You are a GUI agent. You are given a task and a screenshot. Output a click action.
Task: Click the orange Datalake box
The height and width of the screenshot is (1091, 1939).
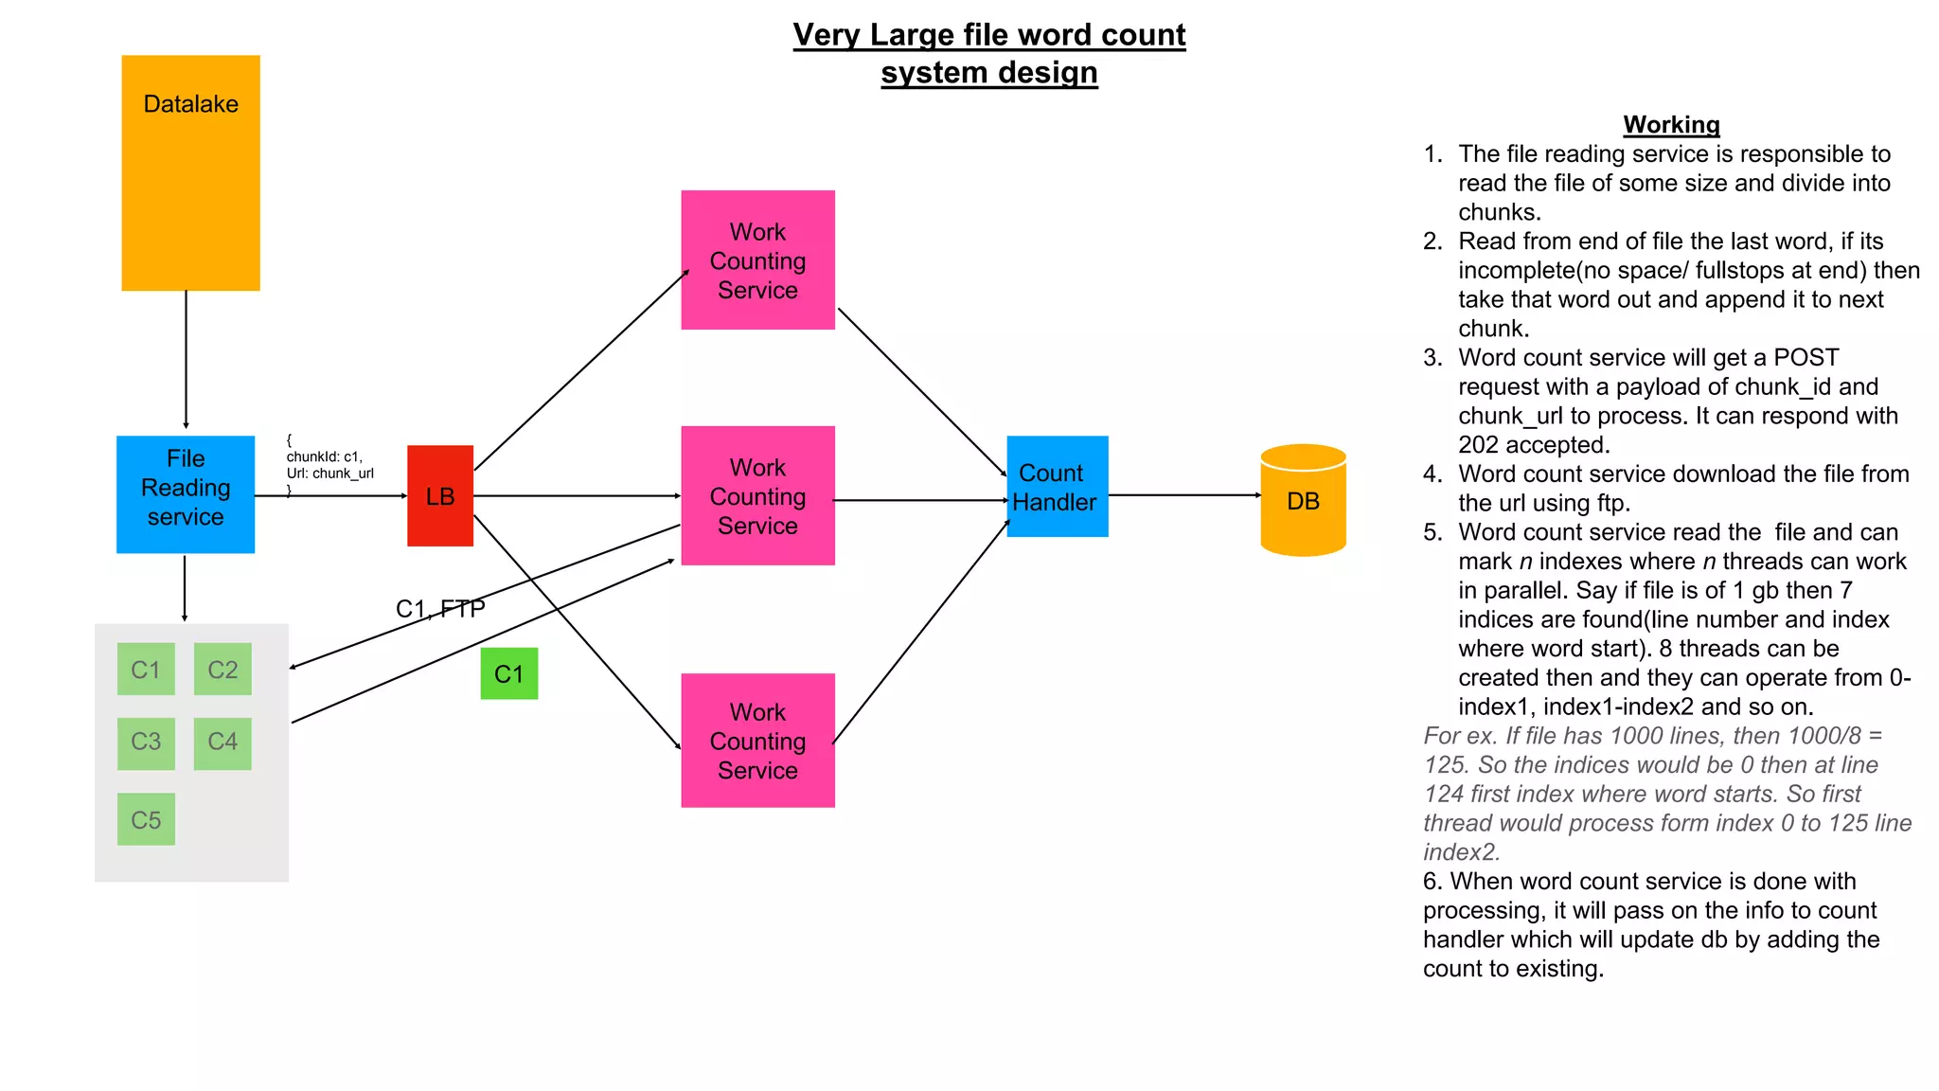[x=190, y=172]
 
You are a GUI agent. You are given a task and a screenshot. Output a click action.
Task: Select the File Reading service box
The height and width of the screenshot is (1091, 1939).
[x=186, y=493]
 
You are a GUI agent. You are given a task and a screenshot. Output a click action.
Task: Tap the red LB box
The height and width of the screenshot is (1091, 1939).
[x=440, y=495]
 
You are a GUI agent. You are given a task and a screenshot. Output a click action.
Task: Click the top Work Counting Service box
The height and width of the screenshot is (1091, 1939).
[x=757, y=260]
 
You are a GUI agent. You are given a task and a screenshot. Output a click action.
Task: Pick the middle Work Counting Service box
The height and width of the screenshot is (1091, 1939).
[x=757, y=495]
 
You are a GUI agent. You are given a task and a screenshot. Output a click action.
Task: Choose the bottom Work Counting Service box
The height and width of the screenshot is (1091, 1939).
[x=757, y=741]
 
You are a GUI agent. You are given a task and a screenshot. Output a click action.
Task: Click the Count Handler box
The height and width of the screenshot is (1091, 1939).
[x=1057, y=487]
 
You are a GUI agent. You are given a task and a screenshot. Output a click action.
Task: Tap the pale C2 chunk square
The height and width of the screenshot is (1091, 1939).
[x=222, y=670]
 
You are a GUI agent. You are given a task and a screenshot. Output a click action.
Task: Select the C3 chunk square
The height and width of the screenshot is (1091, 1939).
[x=146, y=742]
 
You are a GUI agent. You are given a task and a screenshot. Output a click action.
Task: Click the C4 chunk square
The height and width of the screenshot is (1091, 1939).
[x=222, y=742]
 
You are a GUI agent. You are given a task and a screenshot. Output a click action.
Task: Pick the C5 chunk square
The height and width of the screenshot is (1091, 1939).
[x=146, y=819]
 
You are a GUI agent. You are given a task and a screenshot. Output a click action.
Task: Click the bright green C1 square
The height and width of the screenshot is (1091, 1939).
[x=508, y=673]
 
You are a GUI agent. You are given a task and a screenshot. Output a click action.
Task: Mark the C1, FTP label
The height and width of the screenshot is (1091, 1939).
[x=440, y=608]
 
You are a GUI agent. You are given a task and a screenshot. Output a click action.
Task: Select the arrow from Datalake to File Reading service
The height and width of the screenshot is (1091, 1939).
[x=186, y=360]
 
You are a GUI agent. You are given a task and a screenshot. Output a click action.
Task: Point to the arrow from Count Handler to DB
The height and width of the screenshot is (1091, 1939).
[x=1183, y=494]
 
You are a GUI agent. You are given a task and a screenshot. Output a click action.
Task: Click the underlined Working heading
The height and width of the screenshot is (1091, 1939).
[x=1671, y=124]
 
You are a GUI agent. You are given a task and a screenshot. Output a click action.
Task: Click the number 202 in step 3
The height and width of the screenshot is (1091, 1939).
[x=1478, y=444]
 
